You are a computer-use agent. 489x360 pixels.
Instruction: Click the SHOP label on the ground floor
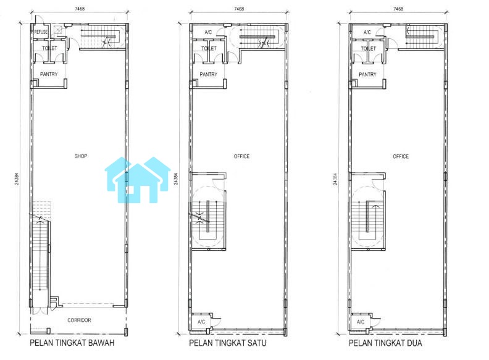pyautogui.click(x=81, y=156)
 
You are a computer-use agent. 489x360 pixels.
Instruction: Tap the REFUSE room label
pyautogui.click(x=41, y=32)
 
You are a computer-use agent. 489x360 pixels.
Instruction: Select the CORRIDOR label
pyautogui.click(x=79, y=320)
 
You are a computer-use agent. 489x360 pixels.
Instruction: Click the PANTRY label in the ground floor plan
pyautogui.click(x=49, y=74)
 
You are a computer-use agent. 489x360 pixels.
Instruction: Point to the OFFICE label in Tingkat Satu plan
pyautogui.click(x=241, y=156)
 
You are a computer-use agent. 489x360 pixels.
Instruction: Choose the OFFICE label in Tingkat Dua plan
pyautogui.click(x=401, y=156)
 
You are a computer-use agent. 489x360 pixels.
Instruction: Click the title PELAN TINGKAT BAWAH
pyautogui.click(x=72, y=343)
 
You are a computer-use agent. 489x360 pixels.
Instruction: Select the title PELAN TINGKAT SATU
pyautogui.click(x=228, y=343)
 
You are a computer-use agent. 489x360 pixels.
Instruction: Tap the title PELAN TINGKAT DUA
pyautogui.click(x=385, y=343)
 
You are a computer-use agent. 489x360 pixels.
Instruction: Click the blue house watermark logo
pyautogui.click(x=138, y=180)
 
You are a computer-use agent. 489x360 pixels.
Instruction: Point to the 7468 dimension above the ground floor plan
pyautogui.click(x=80, y=9)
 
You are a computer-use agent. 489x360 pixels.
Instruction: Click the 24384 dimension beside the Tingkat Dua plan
pyautogui.click(x=335, y=179)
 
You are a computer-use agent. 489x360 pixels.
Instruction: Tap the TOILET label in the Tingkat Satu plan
pyautogui.click(x=209, y=48)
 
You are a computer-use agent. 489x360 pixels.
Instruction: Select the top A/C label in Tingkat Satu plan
pyautogui.click(x=208, y=32)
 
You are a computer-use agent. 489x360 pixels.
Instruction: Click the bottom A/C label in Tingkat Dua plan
pyautogui.click(x=361, y=322)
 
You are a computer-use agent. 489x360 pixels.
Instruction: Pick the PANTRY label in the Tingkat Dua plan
pyautogui.click(x=368, y=75)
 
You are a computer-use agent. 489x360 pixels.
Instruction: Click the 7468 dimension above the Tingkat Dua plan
pyautogui.click(x=398, y=9)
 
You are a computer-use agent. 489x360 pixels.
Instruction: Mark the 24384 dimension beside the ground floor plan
pyautogui.click(x=17, y=179)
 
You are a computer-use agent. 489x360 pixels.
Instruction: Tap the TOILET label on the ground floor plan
pyautogui.click(x=49, y=48)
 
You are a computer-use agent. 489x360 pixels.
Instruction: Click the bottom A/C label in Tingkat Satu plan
pyautogui.click(x=201, y=322)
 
